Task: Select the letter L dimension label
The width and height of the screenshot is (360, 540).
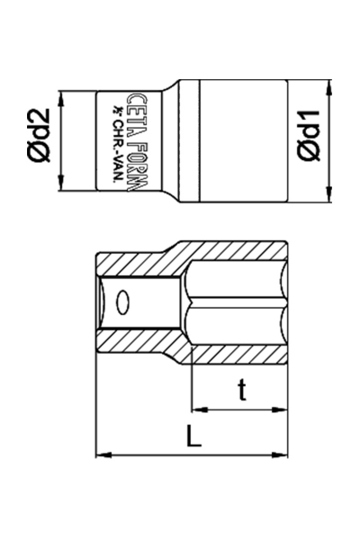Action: (x=193, y=437)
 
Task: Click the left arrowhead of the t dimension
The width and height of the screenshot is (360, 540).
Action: (x=195, y=410)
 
